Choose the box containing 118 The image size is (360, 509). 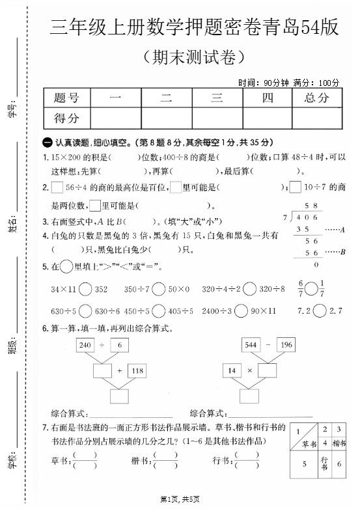137,370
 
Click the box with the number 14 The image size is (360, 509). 230,370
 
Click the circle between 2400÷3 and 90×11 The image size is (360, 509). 240,311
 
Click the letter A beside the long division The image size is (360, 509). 342,230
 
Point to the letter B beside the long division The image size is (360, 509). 342,252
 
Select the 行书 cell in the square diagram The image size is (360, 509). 325,463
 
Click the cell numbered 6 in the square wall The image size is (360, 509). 340,463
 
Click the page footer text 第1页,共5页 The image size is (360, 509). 180,499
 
